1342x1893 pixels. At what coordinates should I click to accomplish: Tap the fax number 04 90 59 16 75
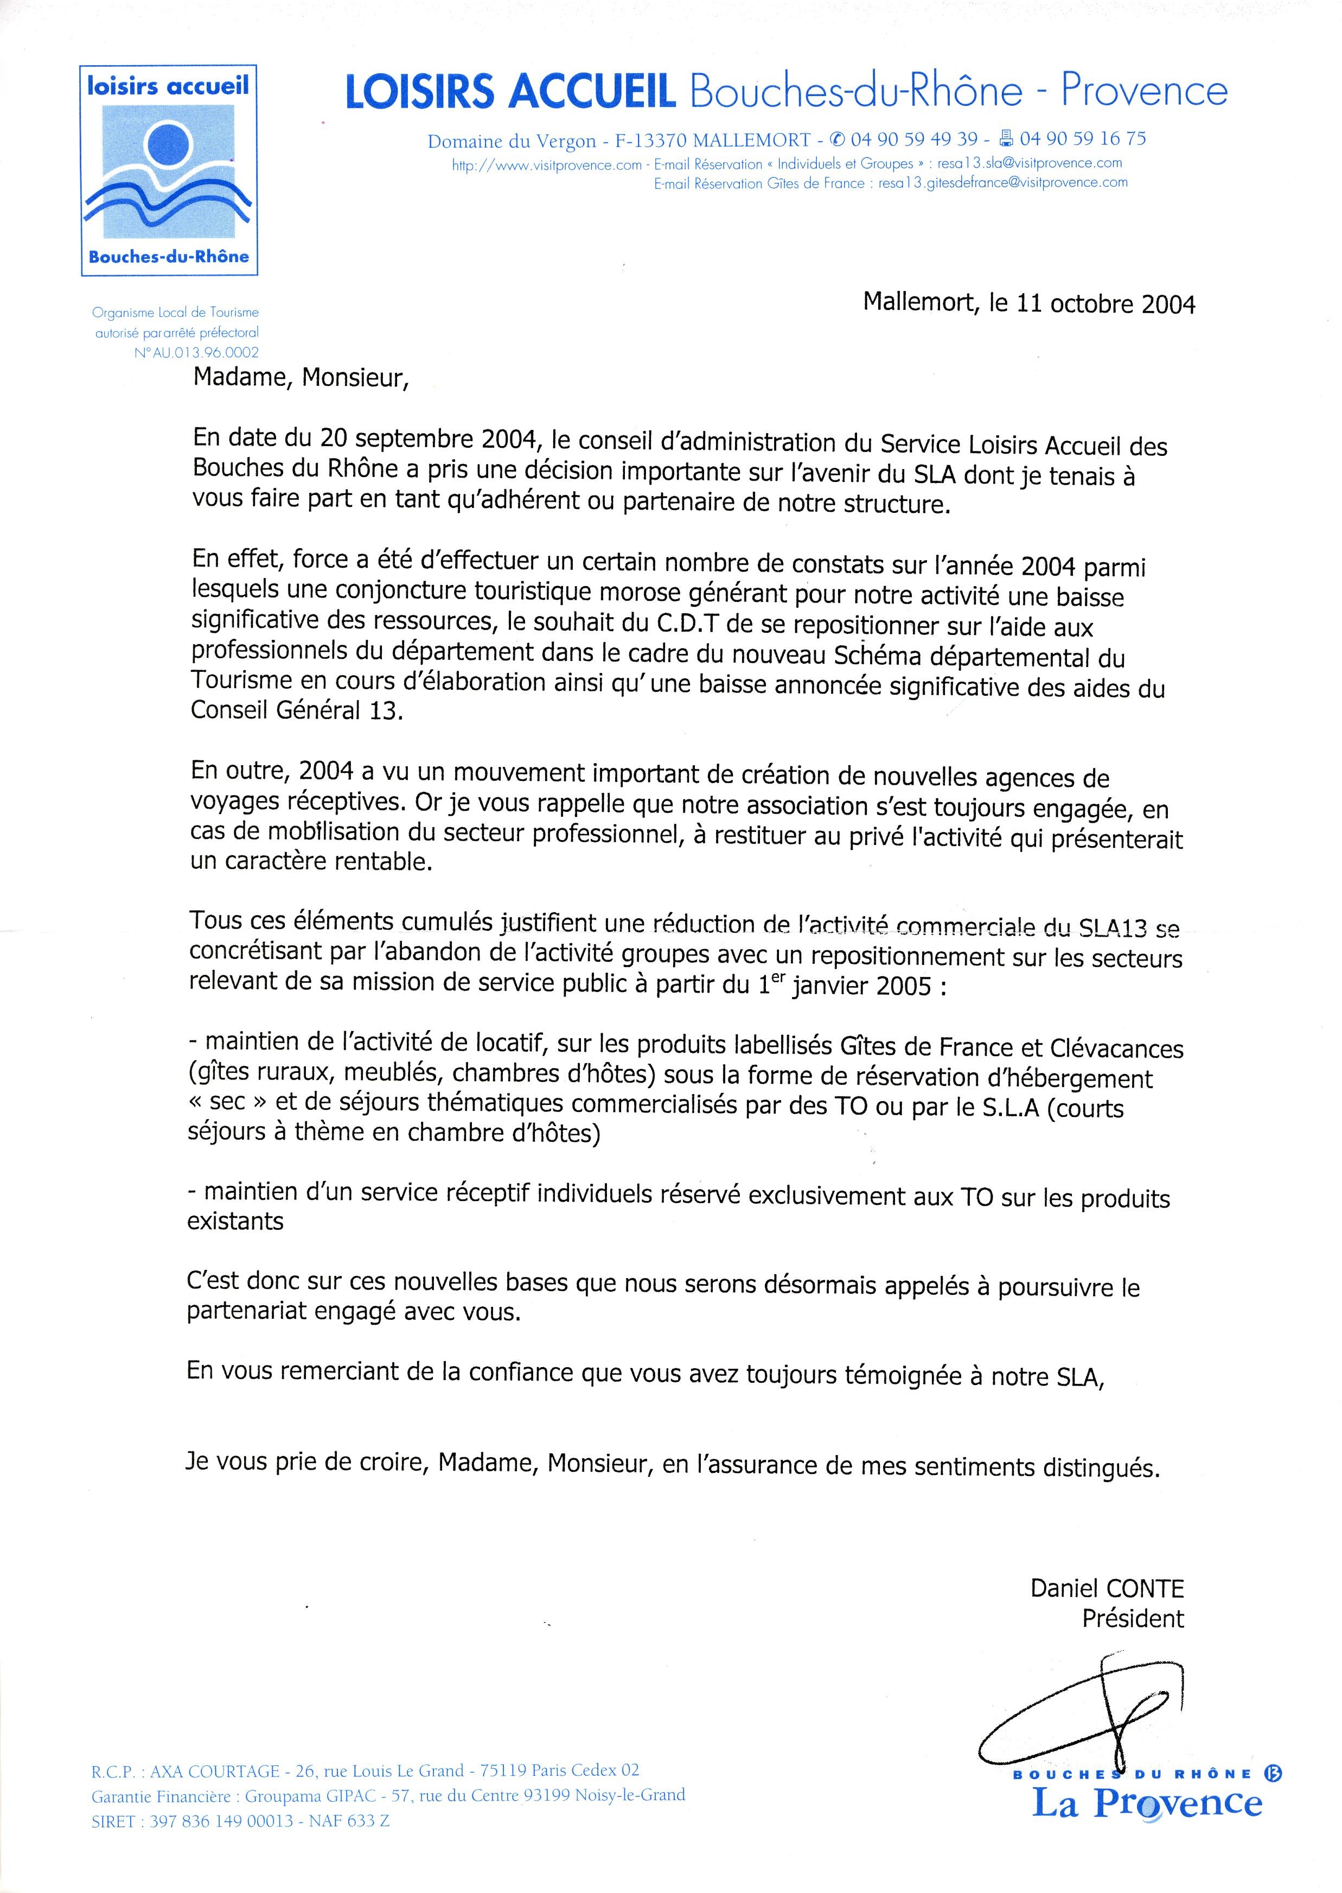pyautogui.click(x=1083, y=139)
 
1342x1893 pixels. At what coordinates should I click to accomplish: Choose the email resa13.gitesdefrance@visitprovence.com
pyautogui.click(x=1002, y=183)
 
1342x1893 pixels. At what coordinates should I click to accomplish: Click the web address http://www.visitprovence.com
pyautogui.click(x=546, y=164)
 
